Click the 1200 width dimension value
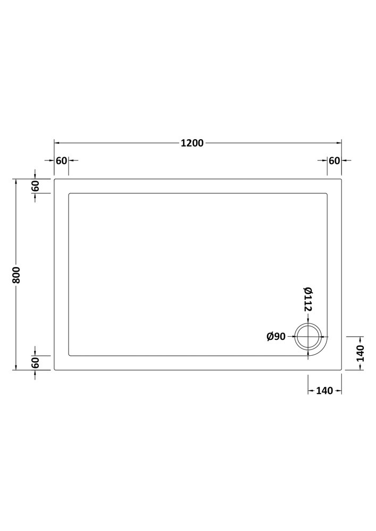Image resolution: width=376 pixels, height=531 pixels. tap(192, 143)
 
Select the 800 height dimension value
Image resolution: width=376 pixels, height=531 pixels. tap(16, 275)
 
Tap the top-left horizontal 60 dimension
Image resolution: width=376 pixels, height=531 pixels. tap(61, 160)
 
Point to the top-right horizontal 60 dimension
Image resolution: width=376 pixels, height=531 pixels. tap(335, 160)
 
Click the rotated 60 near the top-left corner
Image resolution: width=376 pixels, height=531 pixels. tap(36, 185)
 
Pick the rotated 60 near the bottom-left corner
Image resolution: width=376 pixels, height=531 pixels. tap(36, 363)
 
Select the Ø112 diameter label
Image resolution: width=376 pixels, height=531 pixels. tap(308, 298)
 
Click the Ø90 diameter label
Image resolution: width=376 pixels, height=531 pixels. tap(276, 337)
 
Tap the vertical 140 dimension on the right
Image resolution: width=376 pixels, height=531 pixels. tap(361, 353)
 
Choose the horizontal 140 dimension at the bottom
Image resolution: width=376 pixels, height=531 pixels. tap(324, 391)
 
